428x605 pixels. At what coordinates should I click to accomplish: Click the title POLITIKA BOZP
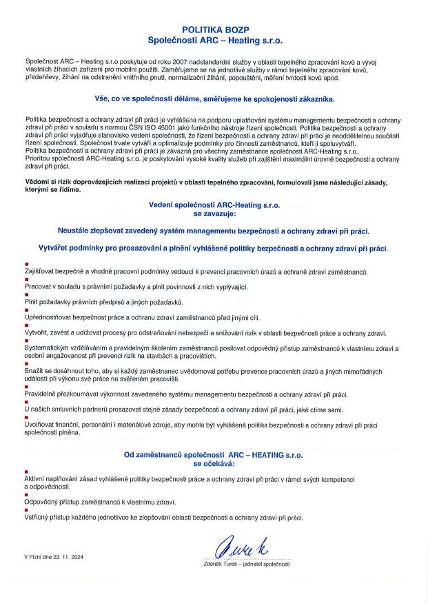(214, 30)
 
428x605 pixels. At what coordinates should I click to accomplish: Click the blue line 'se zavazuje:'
(214, 213)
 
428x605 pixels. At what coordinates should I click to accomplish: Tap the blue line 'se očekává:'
(214, 464)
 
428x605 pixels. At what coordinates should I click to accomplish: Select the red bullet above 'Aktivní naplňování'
(26, 471)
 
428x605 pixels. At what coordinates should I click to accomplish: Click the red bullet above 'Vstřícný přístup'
(26, 510)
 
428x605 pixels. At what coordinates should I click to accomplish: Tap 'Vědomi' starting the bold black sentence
(37, 182)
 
